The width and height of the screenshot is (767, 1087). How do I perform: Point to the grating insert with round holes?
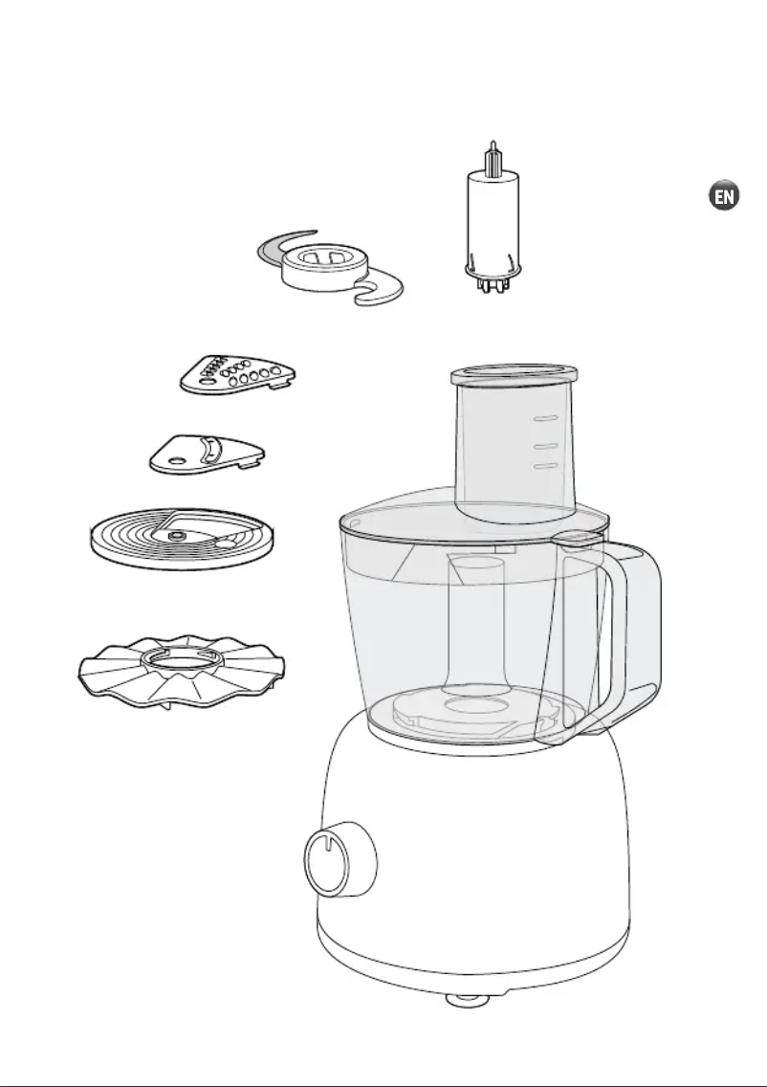point(237,374)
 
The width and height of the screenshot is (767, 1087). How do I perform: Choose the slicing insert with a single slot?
point(207,453)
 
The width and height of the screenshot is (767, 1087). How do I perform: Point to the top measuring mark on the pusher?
point(544,419)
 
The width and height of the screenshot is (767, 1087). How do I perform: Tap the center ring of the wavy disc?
point(181,660)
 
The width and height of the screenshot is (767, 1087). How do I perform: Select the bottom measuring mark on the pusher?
point(544,466)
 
